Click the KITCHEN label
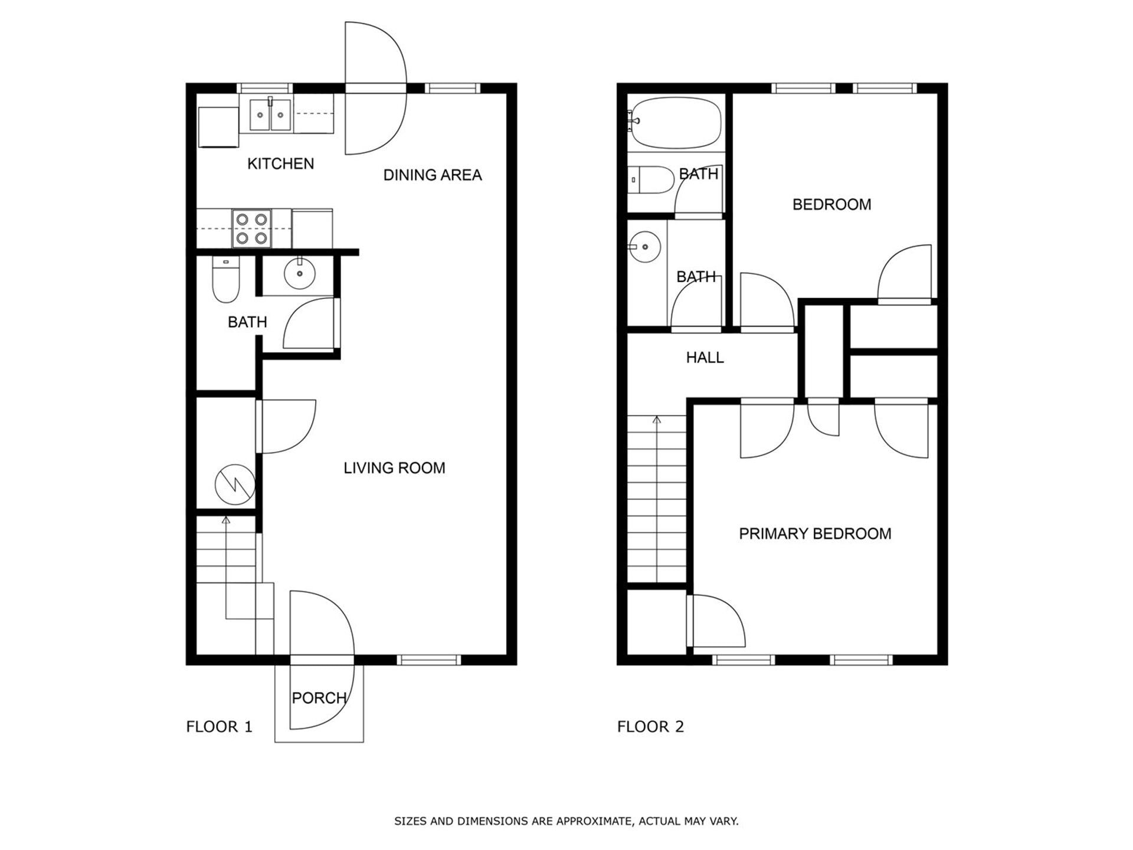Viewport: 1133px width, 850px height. point(280,164)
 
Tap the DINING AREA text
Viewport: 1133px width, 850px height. point(433,175)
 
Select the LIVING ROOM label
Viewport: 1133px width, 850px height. point(394,468)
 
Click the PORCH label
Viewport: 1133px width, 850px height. point(319,698)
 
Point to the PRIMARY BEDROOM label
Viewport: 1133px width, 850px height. point(815,534)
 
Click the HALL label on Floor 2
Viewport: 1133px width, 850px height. point(705,357)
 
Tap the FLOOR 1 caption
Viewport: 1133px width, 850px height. point(219,727)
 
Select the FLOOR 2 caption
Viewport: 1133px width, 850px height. point(650,727)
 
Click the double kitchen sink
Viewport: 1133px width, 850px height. point(270,115)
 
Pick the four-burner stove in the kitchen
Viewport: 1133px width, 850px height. point(251,228)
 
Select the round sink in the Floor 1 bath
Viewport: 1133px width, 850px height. point(300,274)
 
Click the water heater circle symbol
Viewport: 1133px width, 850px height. point(235,485)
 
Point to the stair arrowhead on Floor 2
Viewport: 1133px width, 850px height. point(657,420)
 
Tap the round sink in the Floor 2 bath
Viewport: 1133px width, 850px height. point(644,247)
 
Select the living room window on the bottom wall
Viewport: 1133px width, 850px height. point(428,660)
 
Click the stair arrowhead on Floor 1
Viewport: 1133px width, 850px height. point(225,520)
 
